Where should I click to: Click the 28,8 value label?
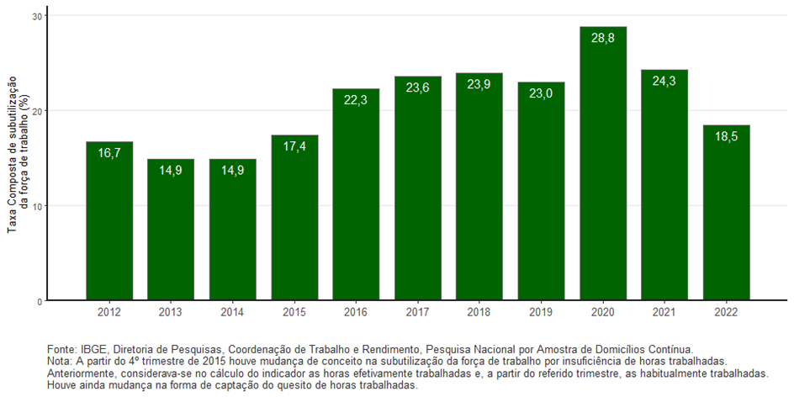[602, 39]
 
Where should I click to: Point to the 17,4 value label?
[294, 147]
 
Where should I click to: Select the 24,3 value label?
[664, 82]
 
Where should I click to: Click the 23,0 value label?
[541, 94]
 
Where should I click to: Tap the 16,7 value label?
[109, 153]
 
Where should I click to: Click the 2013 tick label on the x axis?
[171, 312]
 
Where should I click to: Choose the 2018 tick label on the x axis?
[479, 312]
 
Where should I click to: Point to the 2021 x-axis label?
[664, 312]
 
